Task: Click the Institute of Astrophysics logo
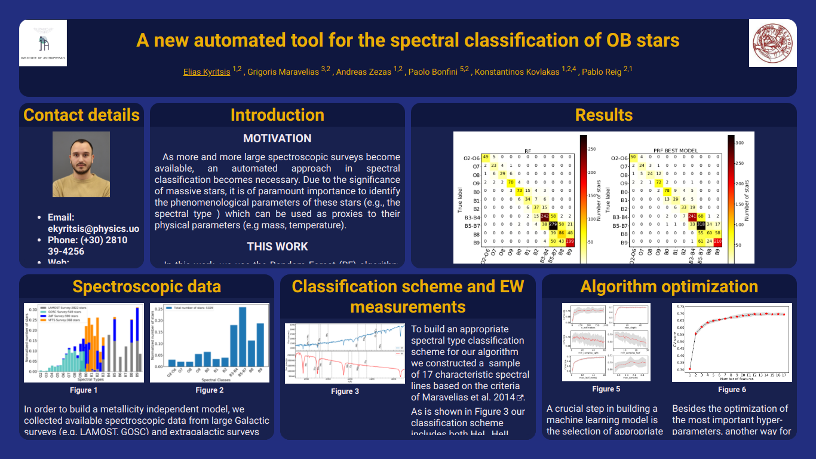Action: [x=43, y=43]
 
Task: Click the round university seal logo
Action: [x=772, y=43]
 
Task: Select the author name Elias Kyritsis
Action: [x=207, y=72]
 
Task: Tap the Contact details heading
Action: [x=81, y=115]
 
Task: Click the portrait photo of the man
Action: [x=81, y=164]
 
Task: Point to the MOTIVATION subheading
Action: [x=277, y=138]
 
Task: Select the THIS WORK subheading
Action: [x=277, y=246]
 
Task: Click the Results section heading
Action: [x=603, y=115]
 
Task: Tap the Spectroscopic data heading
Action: [x=146, y=286]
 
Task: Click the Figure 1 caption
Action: [x=84, y=390]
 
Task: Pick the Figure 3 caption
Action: [x=345, y=391]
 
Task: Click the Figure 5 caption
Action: [x=606, y=389]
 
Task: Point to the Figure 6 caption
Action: [x=732, y=389]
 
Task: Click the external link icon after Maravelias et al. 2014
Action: [x=520, y=397]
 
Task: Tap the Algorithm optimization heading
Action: [x=669, y=286]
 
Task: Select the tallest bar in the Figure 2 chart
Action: [x=243, y=341]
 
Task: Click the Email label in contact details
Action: [x=61, y=218]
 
